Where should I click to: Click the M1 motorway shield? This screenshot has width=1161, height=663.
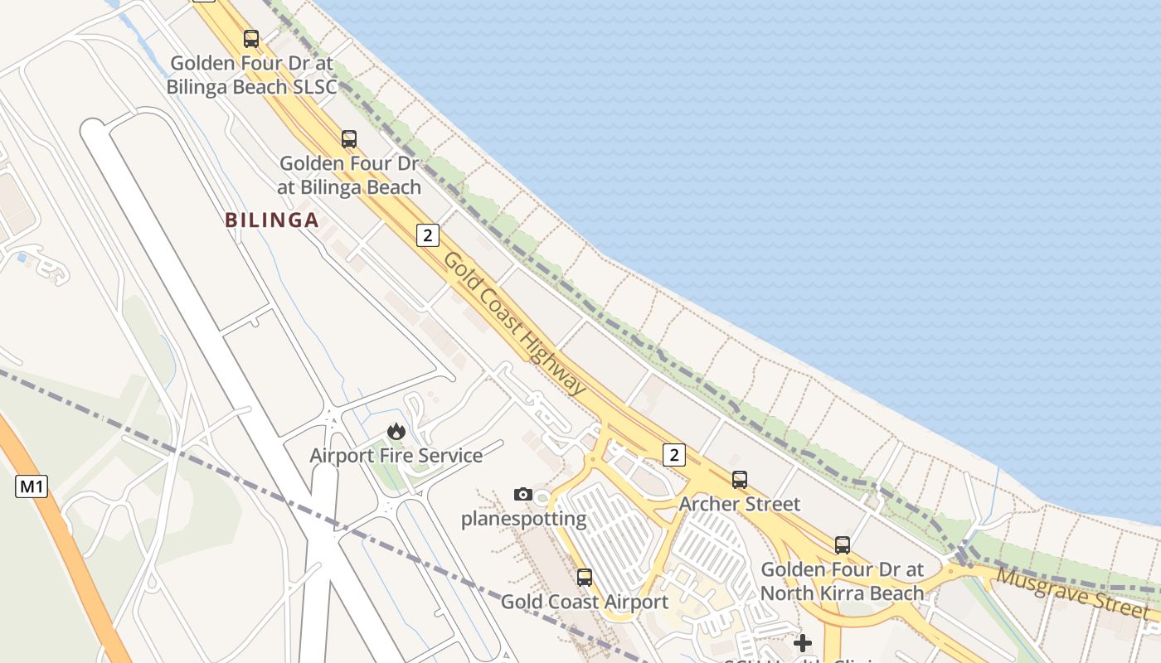click(32, 486)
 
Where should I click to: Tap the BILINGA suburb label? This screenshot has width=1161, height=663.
click(272, 220)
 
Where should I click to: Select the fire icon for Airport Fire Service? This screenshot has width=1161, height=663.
click(396, 431)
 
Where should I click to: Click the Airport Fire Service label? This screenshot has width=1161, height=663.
click(396, 455)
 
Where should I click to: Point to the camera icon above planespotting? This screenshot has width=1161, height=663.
click(522, 494)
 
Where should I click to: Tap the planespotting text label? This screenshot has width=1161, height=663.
click(523, 520)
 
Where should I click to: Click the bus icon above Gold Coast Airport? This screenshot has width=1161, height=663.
click(585, 577)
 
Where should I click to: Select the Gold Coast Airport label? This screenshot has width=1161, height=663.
click(584, 602)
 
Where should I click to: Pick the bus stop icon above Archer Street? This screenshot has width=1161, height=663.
click(739, 479)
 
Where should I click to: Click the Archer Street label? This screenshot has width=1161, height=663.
click(740, 504)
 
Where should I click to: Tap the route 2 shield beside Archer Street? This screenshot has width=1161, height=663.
click(674, 454)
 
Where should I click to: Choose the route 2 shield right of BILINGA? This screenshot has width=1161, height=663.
click(427, 235)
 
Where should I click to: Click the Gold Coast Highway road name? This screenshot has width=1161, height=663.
click(515, 324)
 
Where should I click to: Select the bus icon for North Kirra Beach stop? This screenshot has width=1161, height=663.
click(843, 544)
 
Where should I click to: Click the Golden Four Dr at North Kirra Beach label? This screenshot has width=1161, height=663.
click(842, 581)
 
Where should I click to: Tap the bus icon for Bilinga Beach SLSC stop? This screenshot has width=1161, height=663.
click(251, 38)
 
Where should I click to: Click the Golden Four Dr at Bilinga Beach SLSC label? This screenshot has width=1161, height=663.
click(252, 75)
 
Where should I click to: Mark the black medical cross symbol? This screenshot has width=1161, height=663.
click(803, 642)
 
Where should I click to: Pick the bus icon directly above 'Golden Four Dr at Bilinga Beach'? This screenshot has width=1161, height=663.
click(349, 138)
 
